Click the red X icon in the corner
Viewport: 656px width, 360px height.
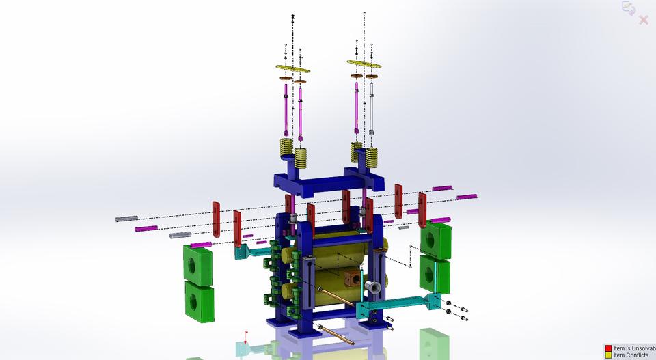[643, 20]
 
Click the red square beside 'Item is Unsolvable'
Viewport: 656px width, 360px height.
[608, 348]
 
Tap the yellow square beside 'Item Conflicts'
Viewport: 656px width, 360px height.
[608, 355]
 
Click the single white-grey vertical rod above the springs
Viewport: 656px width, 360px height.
[372, 109]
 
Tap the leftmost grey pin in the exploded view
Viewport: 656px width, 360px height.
[126, 219]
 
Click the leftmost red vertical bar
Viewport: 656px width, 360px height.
[216, 219]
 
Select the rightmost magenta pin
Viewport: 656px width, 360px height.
[467, 197]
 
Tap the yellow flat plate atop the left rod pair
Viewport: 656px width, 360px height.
[292, 69]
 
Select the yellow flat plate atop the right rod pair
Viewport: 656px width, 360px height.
[364, 65]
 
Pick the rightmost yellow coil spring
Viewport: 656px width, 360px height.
[372, 157]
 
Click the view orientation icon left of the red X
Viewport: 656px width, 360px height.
[627, 8]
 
